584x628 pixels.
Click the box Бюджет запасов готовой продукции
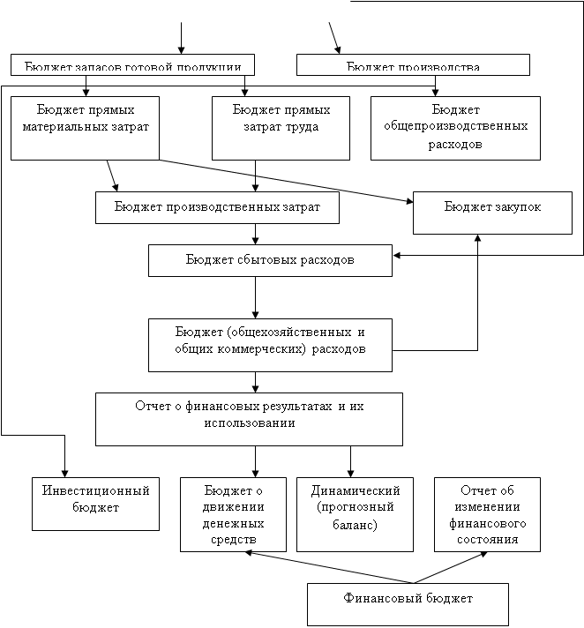pos(132,65)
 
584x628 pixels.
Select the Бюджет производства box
pos(413,65)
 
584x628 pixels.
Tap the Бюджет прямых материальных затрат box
pos(85,127)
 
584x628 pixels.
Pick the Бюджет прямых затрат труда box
pos(281,127)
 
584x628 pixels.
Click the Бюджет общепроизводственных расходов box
pos(455,127)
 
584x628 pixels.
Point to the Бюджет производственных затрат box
pos(217,207)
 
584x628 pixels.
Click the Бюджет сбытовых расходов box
pos(270,260)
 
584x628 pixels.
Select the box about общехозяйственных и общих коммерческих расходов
pos(270,341)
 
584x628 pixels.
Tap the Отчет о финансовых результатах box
pos(249,418)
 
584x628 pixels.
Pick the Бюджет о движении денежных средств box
pos(233,514)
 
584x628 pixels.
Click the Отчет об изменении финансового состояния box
pos(487,514)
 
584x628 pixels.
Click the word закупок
pos(514,206)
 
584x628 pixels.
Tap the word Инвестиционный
pos(96,490)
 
